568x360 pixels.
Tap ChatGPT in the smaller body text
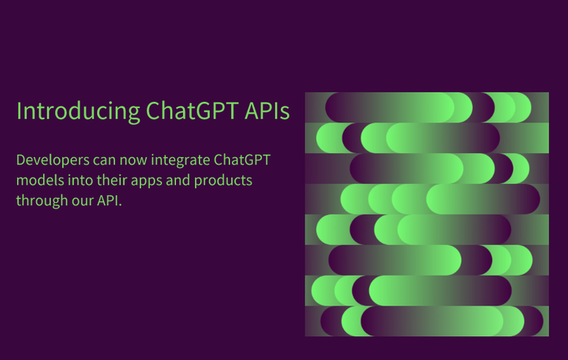[x=242, y=160]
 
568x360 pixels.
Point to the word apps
[x=148, y=181]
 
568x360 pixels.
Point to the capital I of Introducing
[x=19, y=111]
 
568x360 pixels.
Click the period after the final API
[x=123, y=205]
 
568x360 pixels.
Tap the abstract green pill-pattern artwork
[x=427, y=214]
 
